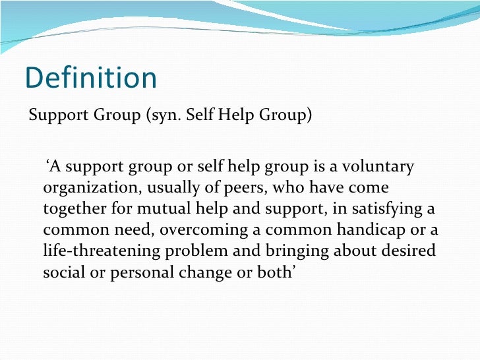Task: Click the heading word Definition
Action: coord(91,78)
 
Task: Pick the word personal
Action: coord(135,272)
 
